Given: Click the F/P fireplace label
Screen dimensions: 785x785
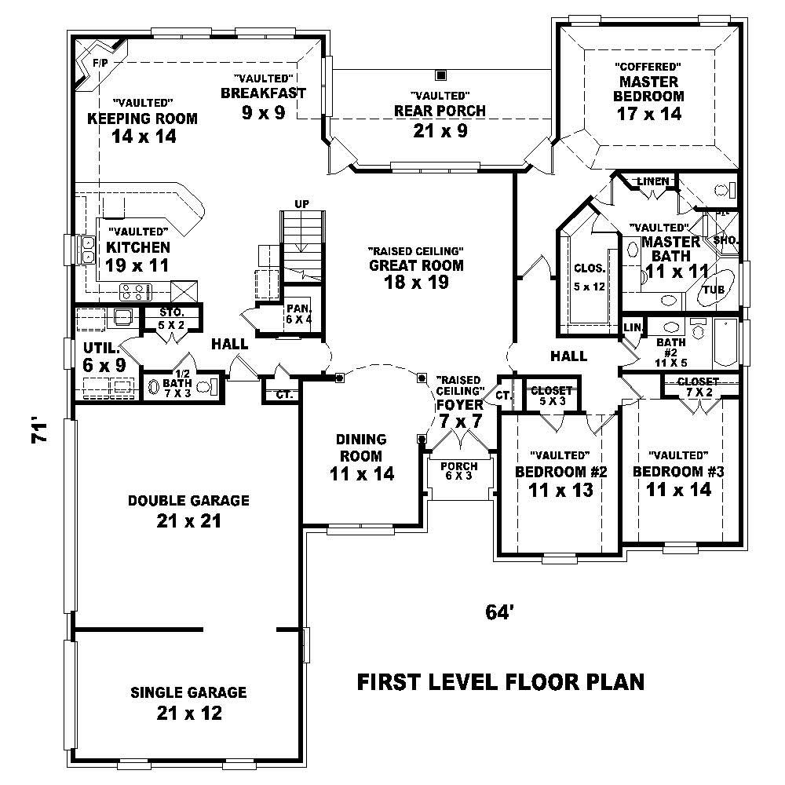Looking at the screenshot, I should (100, 62).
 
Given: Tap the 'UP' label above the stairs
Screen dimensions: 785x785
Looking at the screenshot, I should (302, 204).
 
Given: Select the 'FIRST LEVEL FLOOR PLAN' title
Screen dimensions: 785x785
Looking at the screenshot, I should (500, 681).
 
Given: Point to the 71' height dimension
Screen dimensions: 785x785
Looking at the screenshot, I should (41, 433).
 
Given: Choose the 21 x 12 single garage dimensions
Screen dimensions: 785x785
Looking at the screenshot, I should (188, 713).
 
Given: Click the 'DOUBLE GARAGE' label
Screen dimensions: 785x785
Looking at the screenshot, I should (188, 500).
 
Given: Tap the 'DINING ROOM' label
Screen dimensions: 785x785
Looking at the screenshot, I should (361, 447).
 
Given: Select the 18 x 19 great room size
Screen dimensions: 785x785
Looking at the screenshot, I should (416, 283).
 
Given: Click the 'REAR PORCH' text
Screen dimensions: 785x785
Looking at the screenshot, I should (440, 111).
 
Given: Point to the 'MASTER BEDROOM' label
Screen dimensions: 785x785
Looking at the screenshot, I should (651, 89).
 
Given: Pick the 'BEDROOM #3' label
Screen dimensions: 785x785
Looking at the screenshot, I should (678, 472).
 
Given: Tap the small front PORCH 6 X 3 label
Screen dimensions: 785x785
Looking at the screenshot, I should (459, 471).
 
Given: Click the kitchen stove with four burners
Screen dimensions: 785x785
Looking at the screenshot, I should (134, 293).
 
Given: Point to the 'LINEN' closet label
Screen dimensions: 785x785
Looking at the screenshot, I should (652, 181).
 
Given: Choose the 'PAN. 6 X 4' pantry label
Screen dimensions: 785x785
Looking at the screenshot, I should (299, 312).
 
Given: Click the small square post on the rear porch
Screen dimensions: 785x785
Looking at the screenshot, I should (441, 75).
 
